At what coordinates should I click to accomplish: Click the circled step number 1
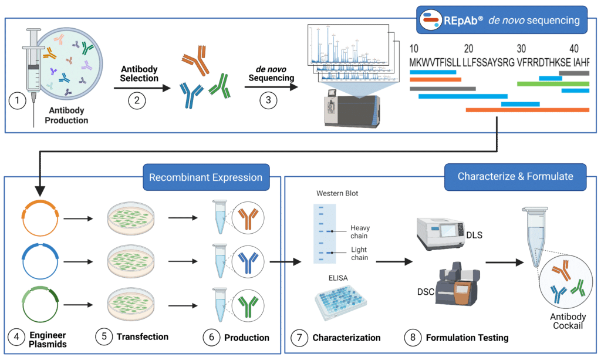pos(18,100)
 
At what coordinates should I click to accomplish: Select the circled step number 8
pos(413,338)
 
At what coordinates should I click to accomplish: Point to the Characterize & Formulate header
pos(515,176)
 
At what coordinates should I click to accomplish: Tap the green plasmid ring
pos(39,307)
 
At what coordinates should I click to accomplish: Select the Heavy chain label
pos(359,232)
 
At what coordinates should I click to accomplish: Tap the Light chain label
pos(359,254)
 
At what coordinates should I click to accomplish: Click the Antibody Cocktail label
pos(568,321)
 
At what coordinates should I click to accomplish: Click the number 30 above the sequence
pos(521,48)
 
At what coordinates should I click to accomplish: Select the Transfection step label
pos(142,337)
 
